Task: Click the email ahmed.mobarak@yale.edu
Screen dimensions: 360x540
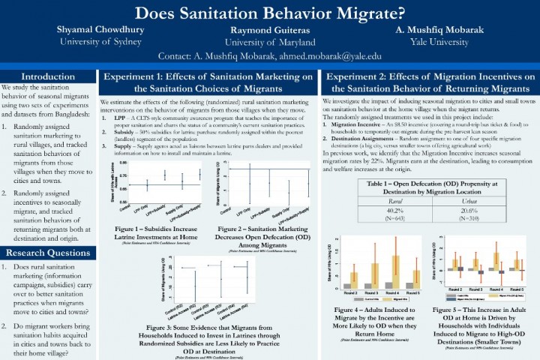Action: click(x=323, y=56)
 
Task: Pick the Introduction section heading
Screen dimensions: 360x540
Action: click(x=47, y=76)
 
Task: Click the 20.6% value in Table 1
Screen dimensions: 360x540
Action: click(x=450, y=211)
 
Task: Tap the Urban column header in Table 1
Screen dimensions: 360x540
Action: click(x=450, y=201)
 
